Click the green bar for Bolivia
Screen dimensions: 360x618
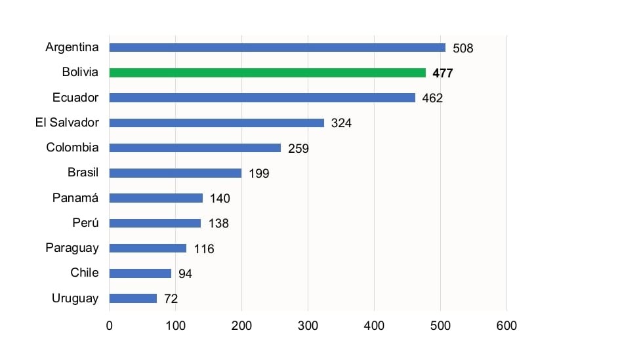click(x=267, y=73)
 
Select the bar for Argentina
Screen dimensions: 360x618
click(x=277, y=48)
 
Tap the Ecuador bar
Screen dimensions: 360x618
click(x=262, y=98)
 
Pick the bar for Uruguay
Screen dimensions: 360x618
click(x=133, y=298)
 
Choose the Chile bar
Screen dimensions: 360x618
click(x=140, y=273)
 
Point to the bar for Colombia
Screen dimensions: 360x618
click(x=195, y=148)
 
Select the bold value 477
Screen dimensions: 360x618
click(x=443, y=73)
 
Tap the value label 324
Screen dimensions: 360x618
click(x=341, y=123)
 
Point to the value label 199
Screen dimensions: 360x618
click(x=258, y=174)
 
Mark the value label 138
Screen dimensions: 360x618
click(x=218, y=224)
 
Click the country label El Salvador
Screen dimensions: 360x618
click(x=67, y=123)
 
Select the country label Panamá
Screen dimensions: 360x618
click(x=75, y=198)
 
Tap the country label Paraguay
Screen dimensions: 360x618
click(x=72, y=248)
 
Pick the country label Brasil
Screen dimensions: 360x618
click(x=83, y=173)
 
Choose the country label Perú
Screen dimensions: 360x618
click(x=85, y=223)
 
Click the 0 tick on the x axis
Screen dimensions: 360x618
click(x=110, y=326)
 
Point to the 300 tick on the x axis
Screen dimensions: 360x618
click(x=308, y=326)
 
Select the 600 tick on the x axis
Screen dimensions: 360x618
click(x=506, y=326)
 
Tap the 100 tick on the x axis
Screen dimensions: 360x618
click(x=176, y=326)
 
